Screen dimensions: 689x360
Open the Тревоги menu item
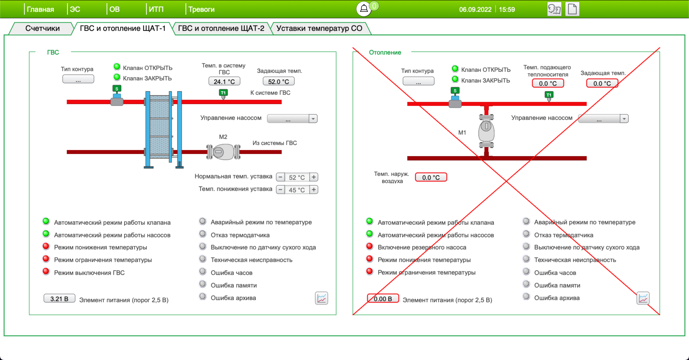coord(201,9)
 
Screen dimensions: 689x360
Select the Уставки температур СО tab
coord(319,28)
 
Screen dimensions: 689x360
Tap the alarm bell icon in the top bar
coord(364,9)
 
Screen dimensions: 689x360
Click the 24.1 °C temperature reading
coord(224,81)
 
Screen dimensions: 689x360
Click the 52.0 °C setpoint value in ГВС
coord(278,81)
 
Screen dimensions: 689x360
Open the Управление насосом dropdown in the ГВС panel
coord(292,119)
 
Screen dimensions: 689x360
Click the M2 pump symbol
coord(223,152)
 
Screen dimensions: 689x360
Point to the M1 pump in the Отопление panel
coord(486,131)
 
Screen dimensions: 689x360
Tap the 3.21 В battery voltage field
coord(59,298)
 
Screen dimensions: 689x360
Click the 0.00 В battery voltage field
coord(383,298)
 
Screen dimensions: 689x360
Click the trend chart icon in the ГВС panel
coord(321,298)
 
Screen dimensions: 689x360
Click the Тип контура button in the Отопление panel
coord(418,81)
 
